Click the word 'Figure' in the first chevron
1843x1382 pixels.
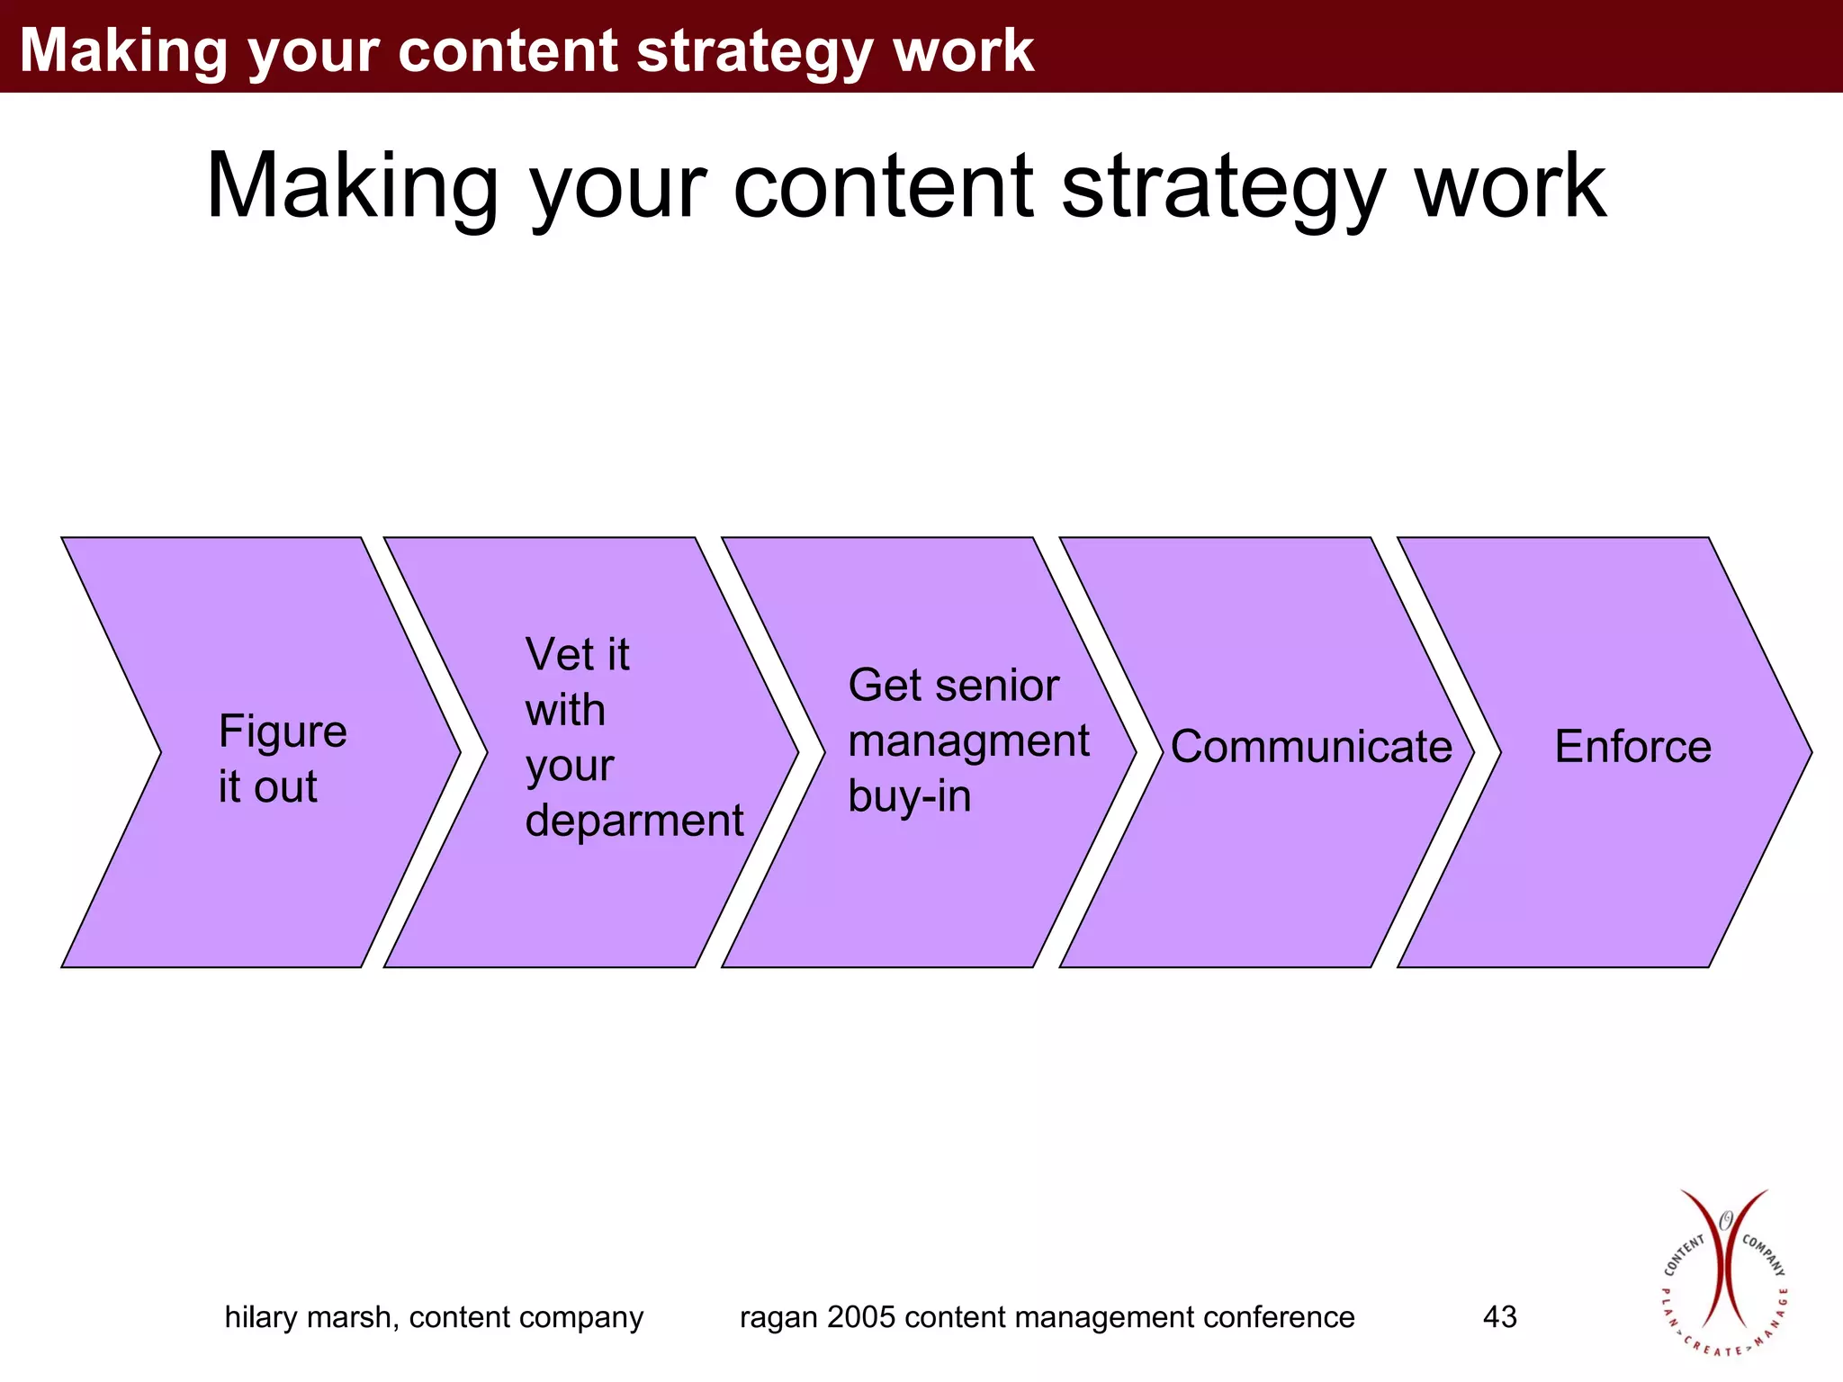(282, 731)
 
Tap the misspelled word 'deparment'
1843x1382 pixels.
(634, 821)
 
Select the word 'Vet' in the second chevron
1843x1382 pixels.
(559, 654)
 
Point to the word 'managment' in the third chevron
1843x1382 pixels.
(967, 741)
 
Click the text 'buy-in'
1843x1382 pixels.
(909, 796)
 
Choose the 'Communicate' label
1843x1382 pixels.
(1310, 747)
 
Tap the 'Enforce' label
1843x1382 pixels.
(1632, 747)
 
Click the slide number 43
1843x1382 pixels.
(1499, 1317)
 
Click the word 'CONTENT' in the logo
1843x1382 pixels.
(1684, 1255)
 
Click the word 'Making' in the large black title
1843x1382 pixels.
(352, 186)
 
